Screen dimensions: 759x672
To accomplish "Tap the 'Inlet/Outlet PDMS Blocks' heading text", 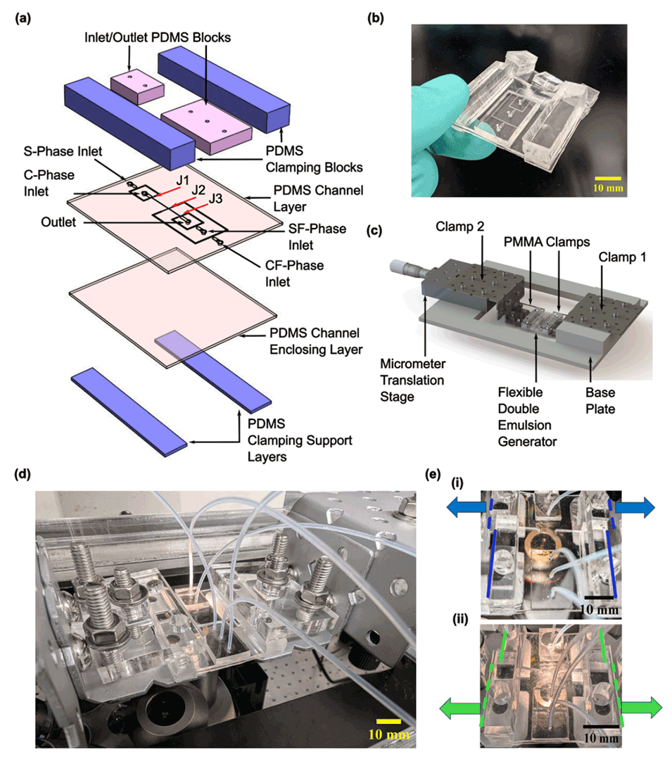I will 172,37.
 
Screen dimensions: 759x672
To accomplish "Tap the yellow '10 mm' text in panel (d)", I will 388,735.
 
